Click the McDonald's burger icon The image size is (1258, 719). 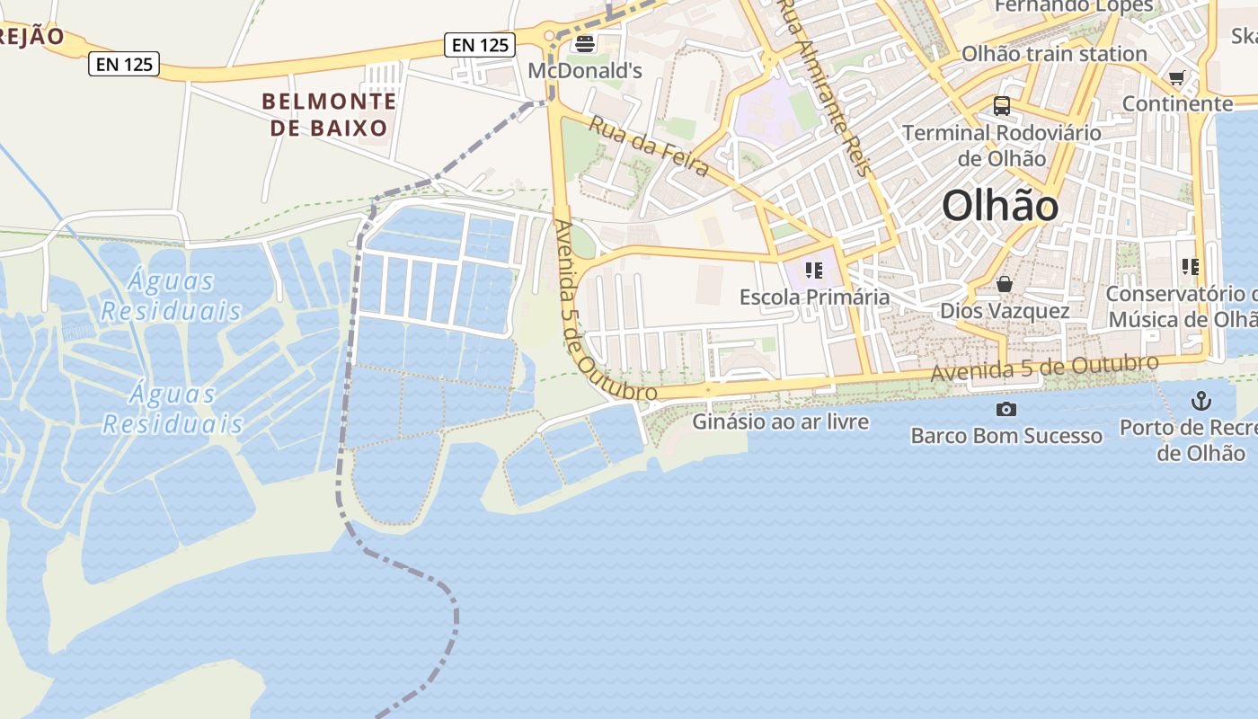(585, 42)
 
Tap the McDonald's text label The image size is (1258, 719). (585, 70)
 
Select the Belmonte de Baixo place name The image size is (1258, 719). (329, 114)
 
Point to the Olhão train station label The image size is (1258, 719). (1054, 54)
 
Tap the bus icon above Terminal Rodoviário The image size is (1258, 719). (1002, 106)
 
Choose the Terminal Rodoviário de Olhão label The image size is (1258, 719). (1002, 146)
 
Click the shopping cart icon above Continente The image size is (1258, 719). (1177, 78)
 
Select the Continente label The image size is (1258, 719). (1177, 103)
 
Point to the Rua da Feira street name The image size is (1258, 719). (649, 146)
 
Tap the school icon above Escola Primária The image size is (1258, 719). (814, 270)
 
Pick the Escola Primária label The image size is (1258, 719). (814, 297)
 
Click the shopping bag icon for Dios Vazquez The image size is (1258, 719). (1005, 285)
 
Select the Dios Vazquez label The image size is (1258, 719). (1005, 311)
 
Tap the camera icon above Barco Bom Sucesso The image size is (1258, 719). (1006, 410)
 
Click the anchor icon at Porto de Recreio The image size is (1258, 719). (1201, 401)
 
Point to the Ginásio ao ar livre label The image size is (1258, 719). (781, 421)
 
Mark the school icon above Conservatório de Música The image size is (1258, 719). (1191, 267)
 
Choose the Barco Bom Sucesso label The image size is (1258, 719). (1006, 436)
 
